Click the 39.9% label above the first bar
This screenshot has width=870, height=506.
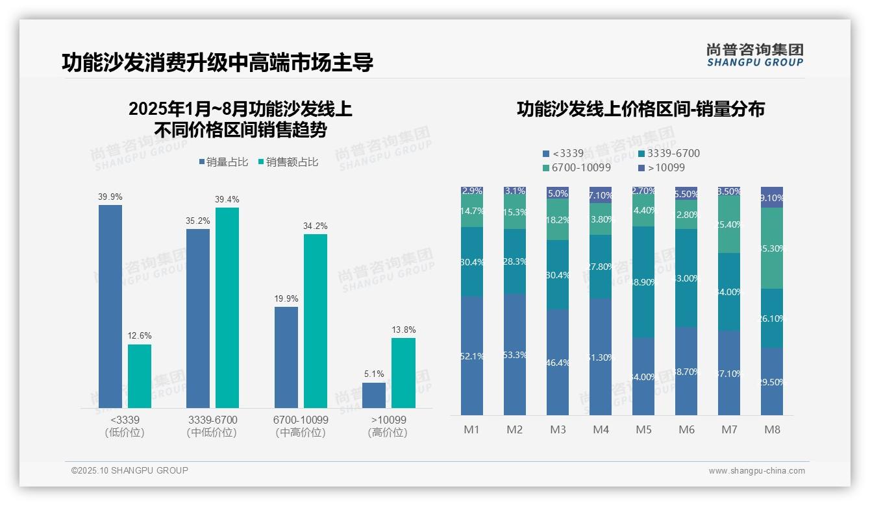click(110, 197)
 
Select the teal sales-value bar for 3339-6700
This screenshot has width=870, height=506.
click(227, 307)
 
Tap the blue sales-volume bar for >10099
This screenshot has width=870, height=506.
click(374, 395)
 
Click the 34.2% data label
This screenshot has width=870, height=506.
click(316, 226)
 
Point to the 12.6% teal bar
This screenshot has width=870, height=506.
click(140, 376)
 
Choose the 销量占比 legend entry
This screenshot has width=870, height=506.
click(223, 162)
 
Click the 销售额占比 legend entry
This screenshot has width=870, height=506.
click(288, 162)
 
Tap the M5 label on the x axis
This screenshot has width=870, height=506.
click(643, 429)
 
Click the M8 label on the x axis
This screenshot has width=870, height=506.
click(772, 429)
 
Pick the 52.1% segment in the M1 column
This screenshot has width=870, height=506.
click(471, 355)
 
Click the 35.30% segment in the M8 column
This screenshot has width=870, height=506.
click(772, 248)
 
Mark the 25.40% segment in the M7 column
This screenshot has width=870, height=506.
click(729, 224)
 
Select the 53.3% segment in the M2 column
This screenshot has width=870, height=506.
click(514, 354)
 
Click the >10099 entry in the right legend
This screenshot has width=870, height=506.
click(662, 168)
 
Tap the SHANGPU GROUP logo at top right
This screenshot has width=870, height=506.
click(754, 54)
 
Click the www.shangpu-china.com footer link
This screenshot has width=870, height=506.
click(756, 471)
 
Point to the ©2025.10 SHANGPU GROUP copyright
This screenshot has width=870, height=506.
click(130, 471)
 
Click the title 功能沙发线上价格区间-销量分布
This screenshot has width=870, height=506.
click(640, 109)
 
